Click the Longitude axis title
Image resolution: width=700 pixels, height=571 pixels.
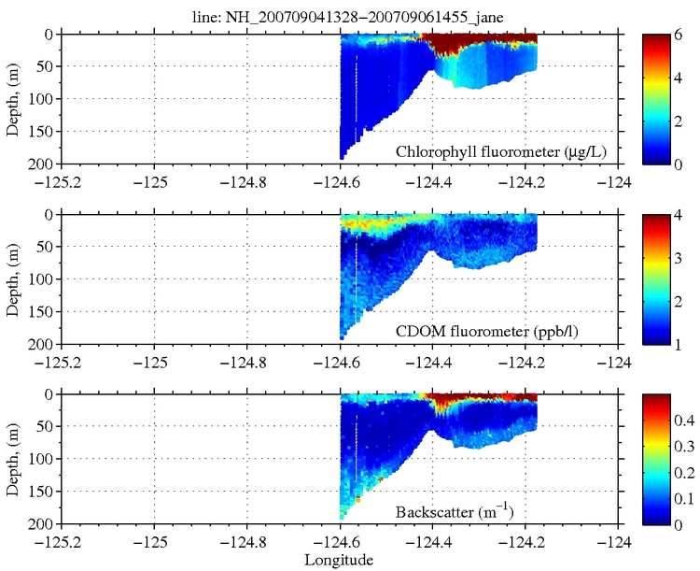(x=339, y=560)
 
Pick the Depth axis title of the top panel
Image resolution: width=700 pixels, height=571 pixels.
(x=13, y=99)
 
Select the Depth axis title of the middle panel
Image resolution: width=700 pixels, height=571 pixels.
(x=13, y=279)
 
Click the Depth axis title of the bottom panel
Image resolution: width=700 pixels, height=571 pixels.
(x=13, y=460)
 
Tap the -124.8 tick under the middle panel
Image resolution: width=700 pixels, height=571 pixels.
(x=246, y=362)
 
